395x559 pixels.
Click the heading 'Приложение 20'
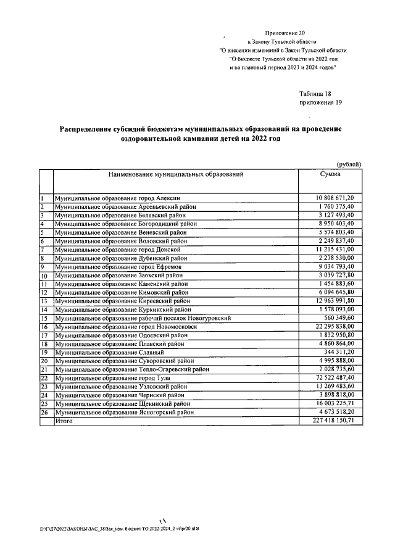tap(285, 33)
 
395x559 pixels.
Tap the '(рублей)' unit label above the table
tap(349, 163)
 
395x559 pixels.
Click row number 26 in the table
tap(44, 411)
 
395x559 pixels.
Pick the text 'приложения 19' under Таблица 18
tap(320, 103)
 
